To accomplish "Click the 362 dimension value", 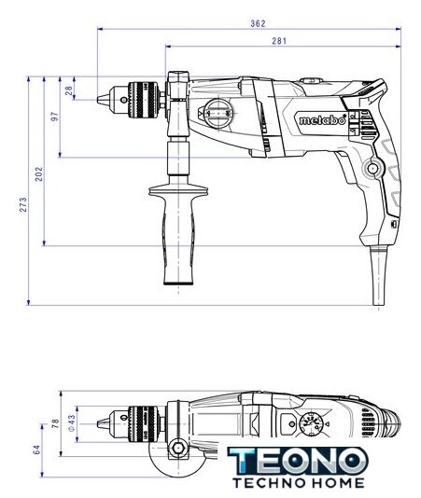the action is point(258,23).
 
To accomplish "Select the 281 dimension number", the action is point(279,41).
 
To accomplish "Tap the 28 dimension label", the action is point(69,90).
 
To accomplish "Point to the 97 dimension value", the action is point(55,117).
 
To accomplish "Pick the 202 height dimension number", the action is point(39,173).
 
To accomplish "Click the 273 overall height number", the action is point(23,204).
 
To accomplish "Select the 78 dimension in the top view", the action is point(56,423).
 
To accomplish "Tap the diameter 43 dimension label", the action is point(72,422).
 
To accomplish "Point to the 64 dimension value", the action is point(37,450).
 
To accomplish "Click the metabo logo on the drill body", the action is point(322,120).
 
